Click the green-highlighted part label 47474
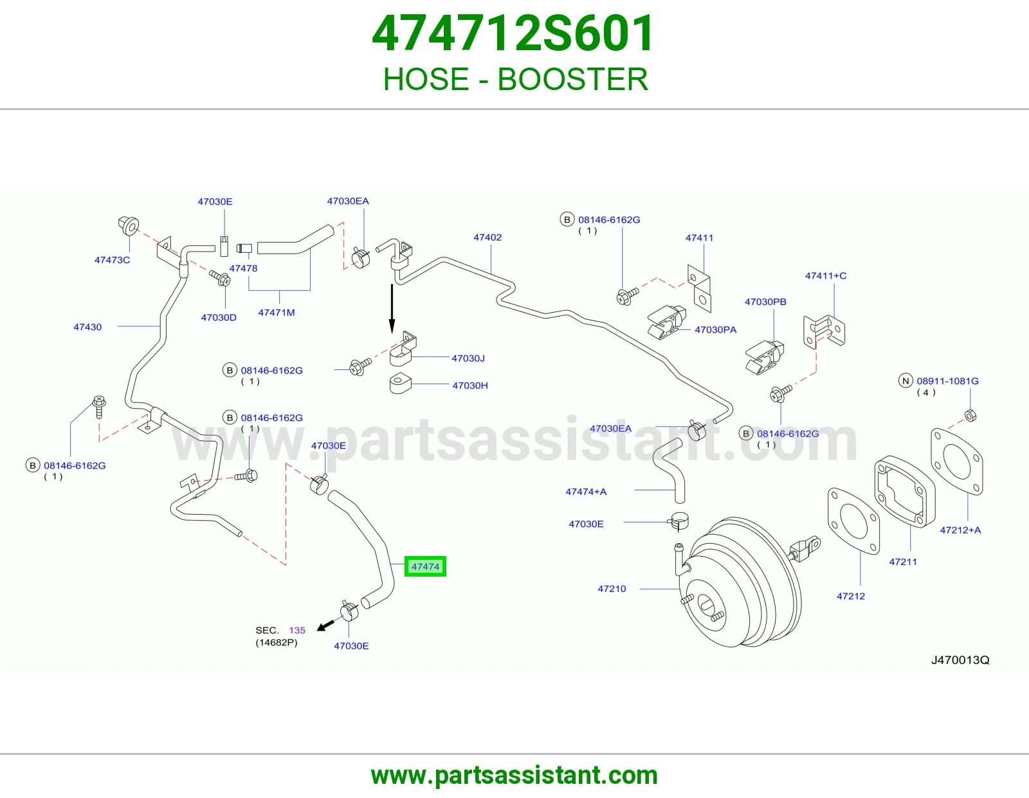coord(425,566)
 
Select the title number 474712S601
coord(513,33)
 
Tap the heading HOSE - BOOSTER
coord(515,79)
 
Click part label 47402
coord(487,237)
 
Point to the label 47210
coord(612,589)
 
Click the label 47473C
coord(112,260)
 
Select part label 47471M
coord(276,312)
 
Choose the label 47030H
coord(469,385)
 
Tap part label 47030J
coord(468,358)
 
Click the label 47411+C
coord(825,275)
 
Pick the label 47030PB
coord(765,301)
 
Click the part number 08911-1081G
coord(947,380)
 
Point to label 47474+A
coord(586,492)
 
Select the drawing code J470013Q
coord(960,660)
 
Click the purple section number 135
coord(297,630)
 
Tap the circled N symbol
coord(906,380)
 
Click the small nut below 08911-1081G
coord(970,416)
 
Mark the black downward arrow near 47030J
coord(392,308)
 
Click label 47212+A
coord(960,530)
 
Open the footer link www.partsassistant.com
coord(514,775)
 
